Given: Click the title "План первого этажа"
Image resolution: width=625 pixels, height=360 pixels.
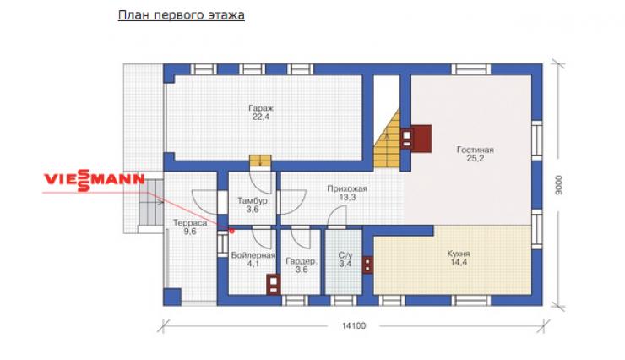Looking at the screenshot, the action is pos(182,15).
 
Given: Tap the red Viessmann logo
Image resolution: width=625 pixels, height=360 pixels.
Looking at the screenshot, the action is pos(94,180).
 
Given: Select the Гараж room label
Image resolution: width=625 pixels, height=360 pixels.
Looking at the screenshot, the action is pos(261,112).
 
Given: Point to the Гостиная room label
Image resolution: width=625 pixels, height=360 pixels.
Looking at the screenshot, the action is pos(476,154).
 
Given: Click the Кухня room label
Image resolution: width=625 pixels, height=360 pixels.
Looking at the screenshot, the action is pos(459,258).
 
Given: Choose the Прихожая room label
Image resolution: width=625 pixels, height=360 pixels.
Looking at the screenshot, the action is pos(347,193).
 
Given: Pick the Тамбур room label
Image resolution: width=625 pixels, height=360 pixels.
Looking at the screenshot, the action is pos(253,205).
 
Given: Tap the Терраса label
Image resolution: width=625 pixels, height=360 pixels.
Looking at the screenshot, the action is pos(190,226).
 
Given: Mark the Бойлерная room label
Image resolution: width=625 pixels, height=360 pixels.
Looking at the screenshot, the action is pos(253,259).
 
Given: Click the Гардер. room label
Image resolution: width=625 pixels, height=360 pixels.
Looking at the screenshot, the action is pos(302,265).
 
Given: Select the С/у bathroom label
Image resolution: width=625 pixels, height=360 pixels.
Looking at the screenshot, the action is pos(345,259).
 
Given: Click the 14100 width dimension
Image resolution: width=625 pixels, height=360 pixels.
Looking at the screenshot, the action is pos(354,325).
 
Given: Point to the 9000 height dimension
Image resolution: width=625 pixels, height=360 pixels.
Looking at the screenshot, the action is pos(558,185).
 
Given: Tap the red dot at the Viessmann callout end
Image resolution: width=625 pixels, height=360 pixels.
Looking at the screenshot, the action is pos(231,231).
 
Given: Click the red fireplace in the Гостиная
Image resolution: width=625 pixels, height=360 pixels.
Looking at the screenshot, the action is pos(421,139).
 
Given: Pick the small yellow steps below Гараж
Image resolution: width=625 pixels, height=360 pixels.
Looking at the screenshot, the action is pos(260,161).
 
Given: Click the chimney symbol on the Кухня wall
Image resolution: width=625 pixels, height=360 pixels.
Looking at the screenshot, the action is pos(367,265).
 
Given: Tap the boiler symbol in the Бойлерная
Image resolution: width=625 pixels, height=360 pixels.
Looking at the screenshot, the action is pos(274,284).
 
